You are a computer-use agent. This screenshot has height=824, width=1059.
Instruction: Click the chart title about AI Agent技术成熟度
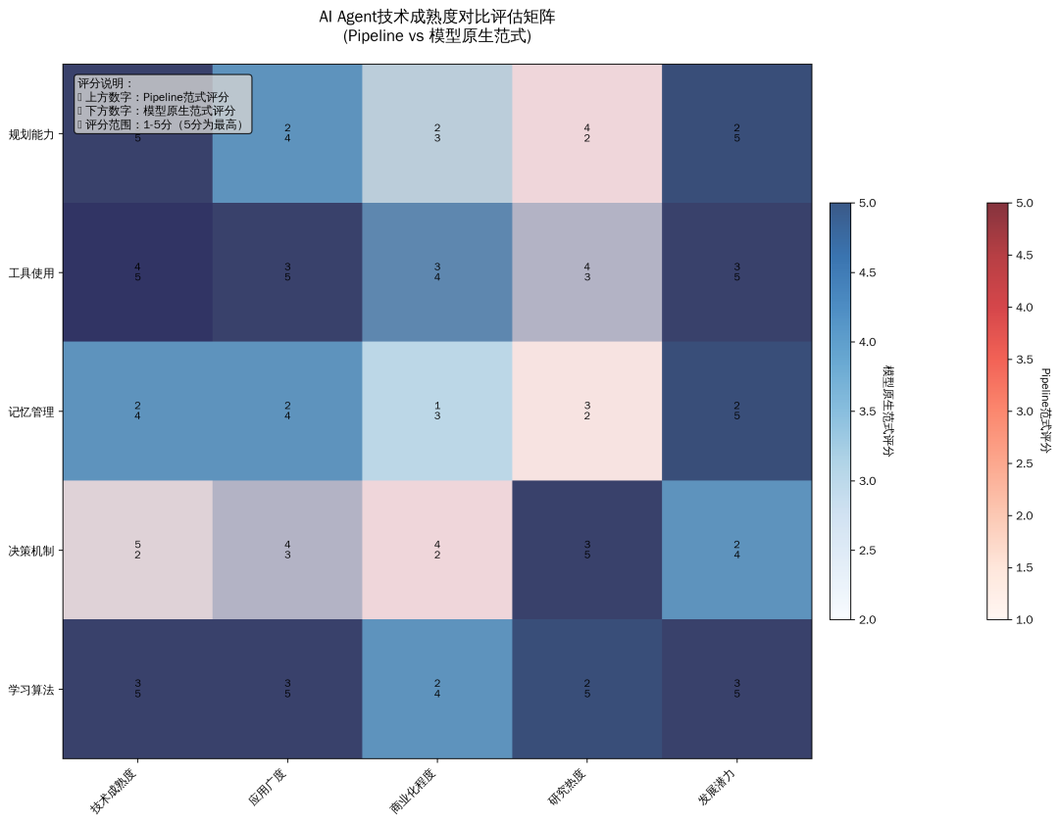pyautogui.click(x=436, y=26)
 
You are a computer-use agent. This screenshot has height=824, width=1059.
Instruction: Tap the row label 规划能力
pyautogui.click(x=30, y=133)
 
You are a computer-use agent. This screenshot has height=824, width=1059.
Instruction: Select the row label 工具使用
pyautogui.click(x=30, y=272)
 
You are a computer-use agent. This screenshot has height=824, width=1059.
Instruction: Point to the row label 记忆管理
pyautogui.click(x=30, y=412)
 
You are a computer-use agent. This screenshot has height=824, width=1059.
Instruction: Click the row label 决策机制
pyautogui.click(x=30, y=551)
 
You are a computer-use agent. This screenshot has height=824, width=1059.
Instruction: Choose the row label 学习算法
pyautogui.click(x=30, y=690)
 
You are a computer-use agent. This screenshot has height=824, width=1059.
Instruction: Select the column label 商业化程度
pyautogui.click(x=413, y=793)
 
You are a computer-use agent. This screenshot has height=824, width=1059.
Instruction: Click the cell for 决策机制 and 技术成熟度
pyautogui.click(x=137, y=551)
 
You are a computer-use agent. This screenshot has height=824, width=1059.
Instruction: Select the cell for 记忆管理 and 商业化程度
pyautogui.click(x=437, y=412)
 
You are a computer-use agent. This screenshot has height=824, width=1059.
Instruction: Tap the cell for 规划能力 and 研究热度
pyautogui.click(x=586, y=133)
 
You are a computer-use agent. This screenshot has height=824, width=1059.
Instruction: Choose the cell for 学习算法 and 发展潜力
pyautogui.click(x=736, y=690)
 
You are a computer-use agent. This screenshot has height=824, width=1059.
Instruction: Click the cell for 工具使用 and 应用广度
pyautogui.click(x=287, y=272)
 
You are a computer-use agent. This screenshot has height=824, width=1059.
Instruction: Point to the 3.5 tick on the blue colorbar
pyautogui.click(x=868, y=412)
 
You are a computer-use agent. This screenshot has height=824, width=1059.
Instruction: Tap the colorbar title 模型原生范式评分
pyautogui.click(x=888, y=412)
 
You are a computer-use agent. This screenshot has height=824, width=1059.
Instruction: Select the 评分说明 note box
pyautogui.click(x=162, y=104)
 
